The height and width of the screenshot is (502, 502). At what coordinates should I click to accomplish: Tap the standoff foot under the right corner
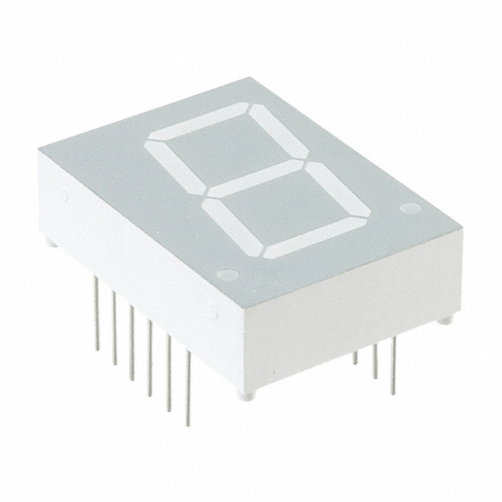tap(444, 319)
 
